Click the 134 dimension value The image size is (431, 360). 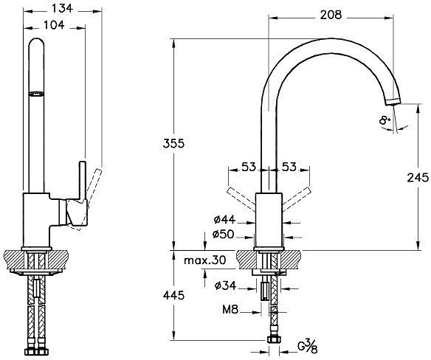[x=63, y=9]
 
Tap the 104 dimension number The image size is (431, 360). [x=54, y=25]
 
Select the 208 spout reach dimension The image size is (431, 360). [x=331, y=15]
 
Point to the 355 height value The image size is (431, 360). [x=173, y=143]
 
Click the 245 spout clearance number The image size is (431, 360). [x=418, y=178]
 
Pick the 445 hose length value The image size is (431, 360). [x=173, y=295]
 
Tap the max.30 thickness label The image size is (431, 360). [x=204, y=260]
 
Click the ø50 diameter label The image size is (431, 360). [x=223, y=234]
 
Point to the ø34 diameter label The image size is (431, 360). [x=225, y=285]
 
